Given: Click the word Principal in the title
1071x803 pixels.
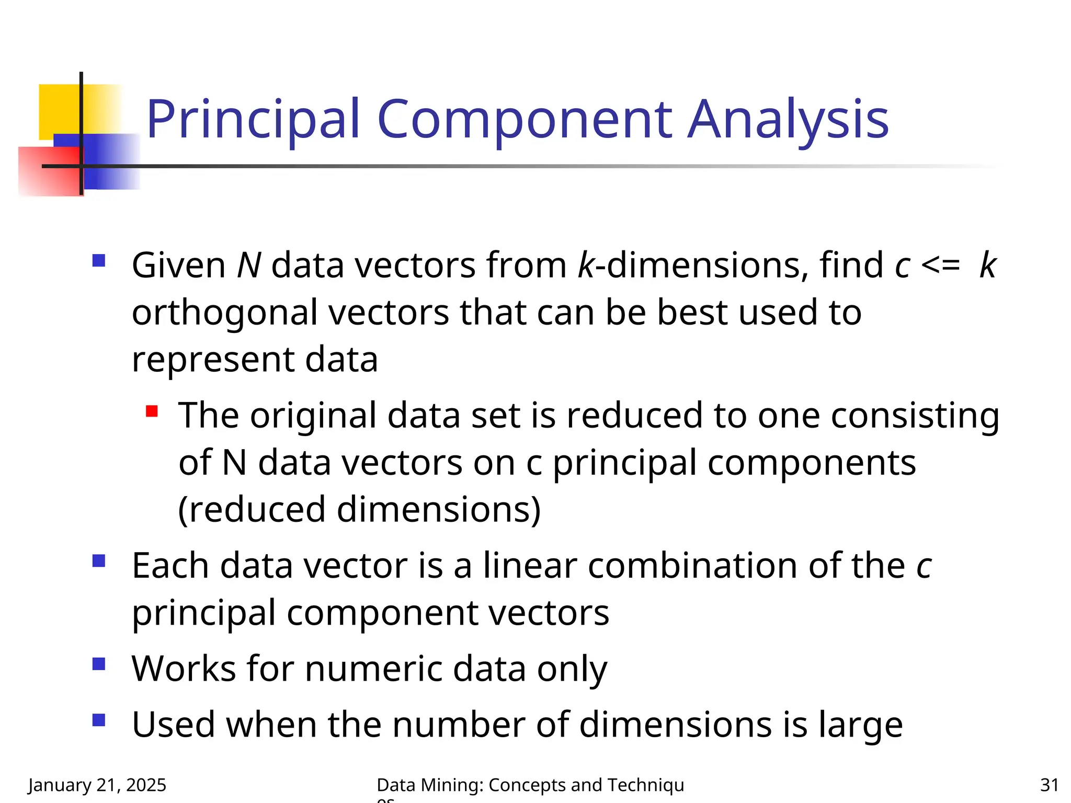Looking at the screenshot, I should pos(253,120).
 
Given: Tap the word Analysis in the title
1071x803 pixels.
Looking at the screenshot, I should pos(788,120).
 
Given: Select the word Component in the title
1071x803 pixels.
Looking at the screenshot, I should pos(524,120).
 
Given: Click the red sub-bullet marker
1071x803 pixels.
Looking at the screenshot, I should pos(152,411).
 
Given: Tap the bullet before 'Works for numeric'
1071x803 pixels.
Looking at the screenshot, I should pos(98,664).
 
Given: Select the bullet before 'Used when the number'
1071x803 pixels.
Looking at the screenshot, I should pos(98,720).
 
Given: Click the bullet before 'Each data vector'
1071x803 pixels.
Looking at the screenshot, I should pos(98,561).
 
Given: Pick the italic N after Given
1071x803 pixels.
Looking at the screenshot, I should pos(249,265).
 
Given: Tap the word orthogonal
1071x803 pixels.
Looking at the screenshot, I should pos(224,313).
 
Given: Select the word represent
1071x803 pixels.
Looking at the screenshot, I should pos(212,360).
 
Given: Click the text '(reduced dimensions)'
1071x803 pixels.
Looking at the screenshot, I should pos(359,510).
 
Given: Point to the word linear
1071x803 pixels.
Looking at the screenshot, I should pos(529,566).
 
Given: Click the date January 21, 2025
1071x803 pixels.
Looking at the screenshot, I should pos(97,785).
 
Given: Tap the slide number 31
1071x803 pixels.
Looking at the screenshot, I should pos(1050,785).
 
